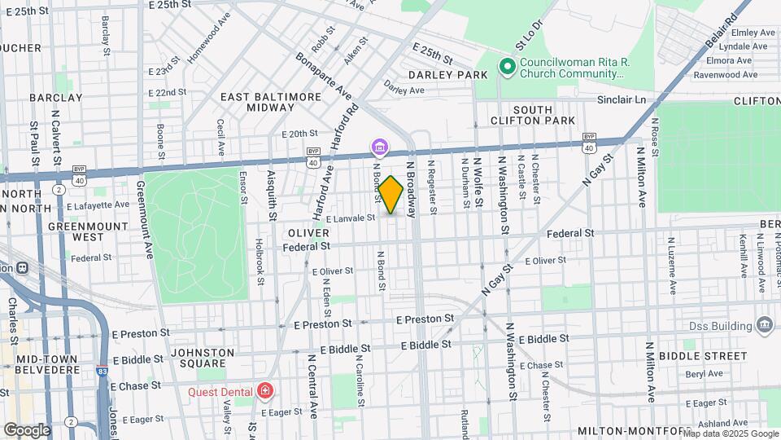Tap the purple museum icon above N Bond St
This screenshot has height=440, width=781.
coord(380,147)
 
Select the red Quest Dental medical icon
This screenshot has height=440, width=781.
coord(264,392)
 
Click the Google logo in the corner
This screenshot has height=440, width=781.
coord(27,429)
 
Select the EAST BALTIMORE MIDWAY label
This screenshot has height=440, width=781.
coord(272,102)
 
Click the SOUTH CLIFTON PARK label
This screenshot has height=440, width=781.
coord(544,115)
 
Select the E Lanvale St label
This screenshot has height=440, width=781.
coord(350,218)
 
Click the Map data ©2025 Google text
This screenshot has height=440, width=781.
coord(730,433)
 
